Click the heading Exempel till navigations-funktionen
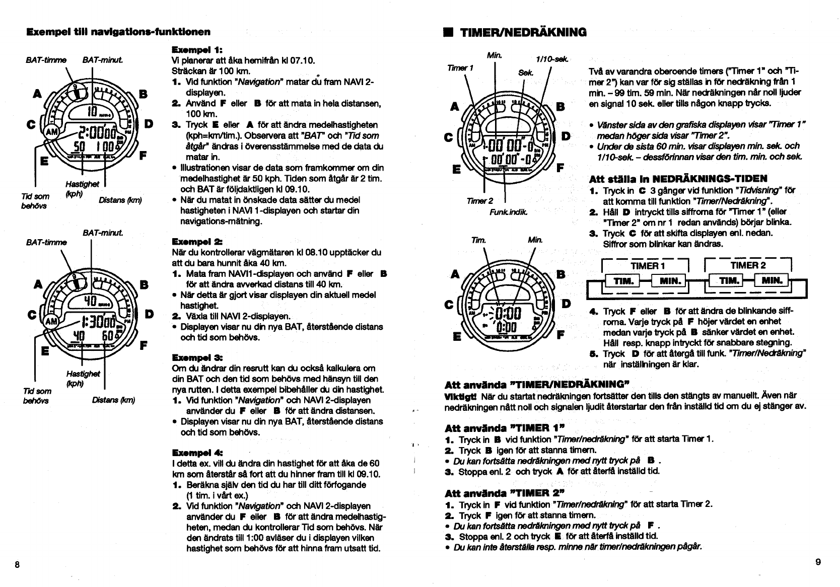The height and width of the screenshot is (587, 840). tap(118, 32)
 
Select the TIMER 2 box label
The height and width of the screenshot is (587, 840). tap(748, 265)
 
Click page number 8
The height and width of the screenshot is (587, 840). tap(17, 564)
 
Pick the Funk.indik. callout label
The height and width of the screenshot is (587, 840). tap(508, 212)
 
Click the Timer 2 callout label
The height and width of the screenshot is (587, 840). tap(479, 201)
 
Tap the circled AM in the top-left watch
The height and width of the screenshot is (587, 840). tap(52, 132)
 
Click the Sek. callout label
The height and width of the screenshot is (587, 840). tap(525, 72)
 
